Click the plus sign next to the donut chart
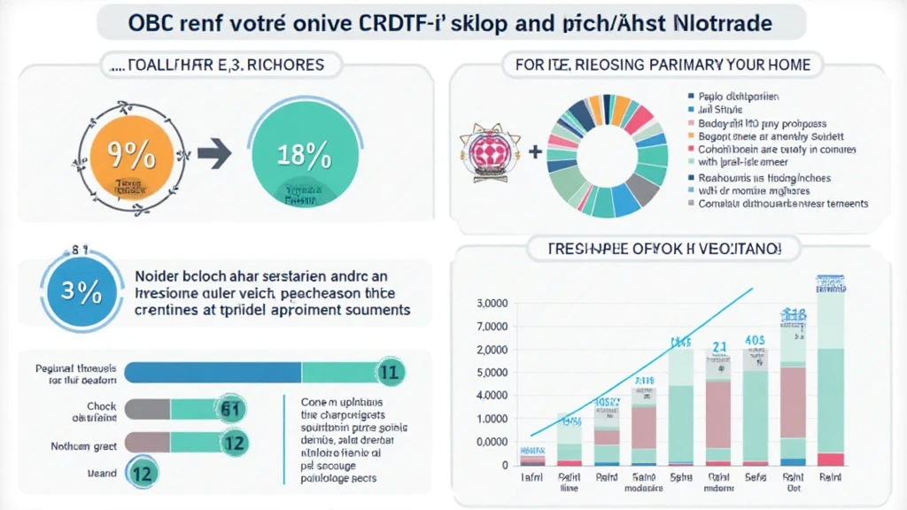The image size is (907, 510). [535, 151]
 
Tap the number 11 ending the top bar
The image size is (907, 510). [391, 373]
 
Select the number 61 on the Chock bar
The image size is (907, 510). [231, 408]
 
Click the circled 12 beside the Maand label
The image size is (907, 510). [142, 473]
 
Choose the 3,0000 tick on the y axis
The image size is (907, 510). [492, 304]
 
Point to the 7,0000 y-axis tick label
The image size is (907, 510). [492, 327]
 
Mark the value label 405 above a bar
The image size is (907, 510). [756, 339]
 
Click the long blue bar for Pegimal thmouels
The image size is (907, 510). [213, 373]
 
